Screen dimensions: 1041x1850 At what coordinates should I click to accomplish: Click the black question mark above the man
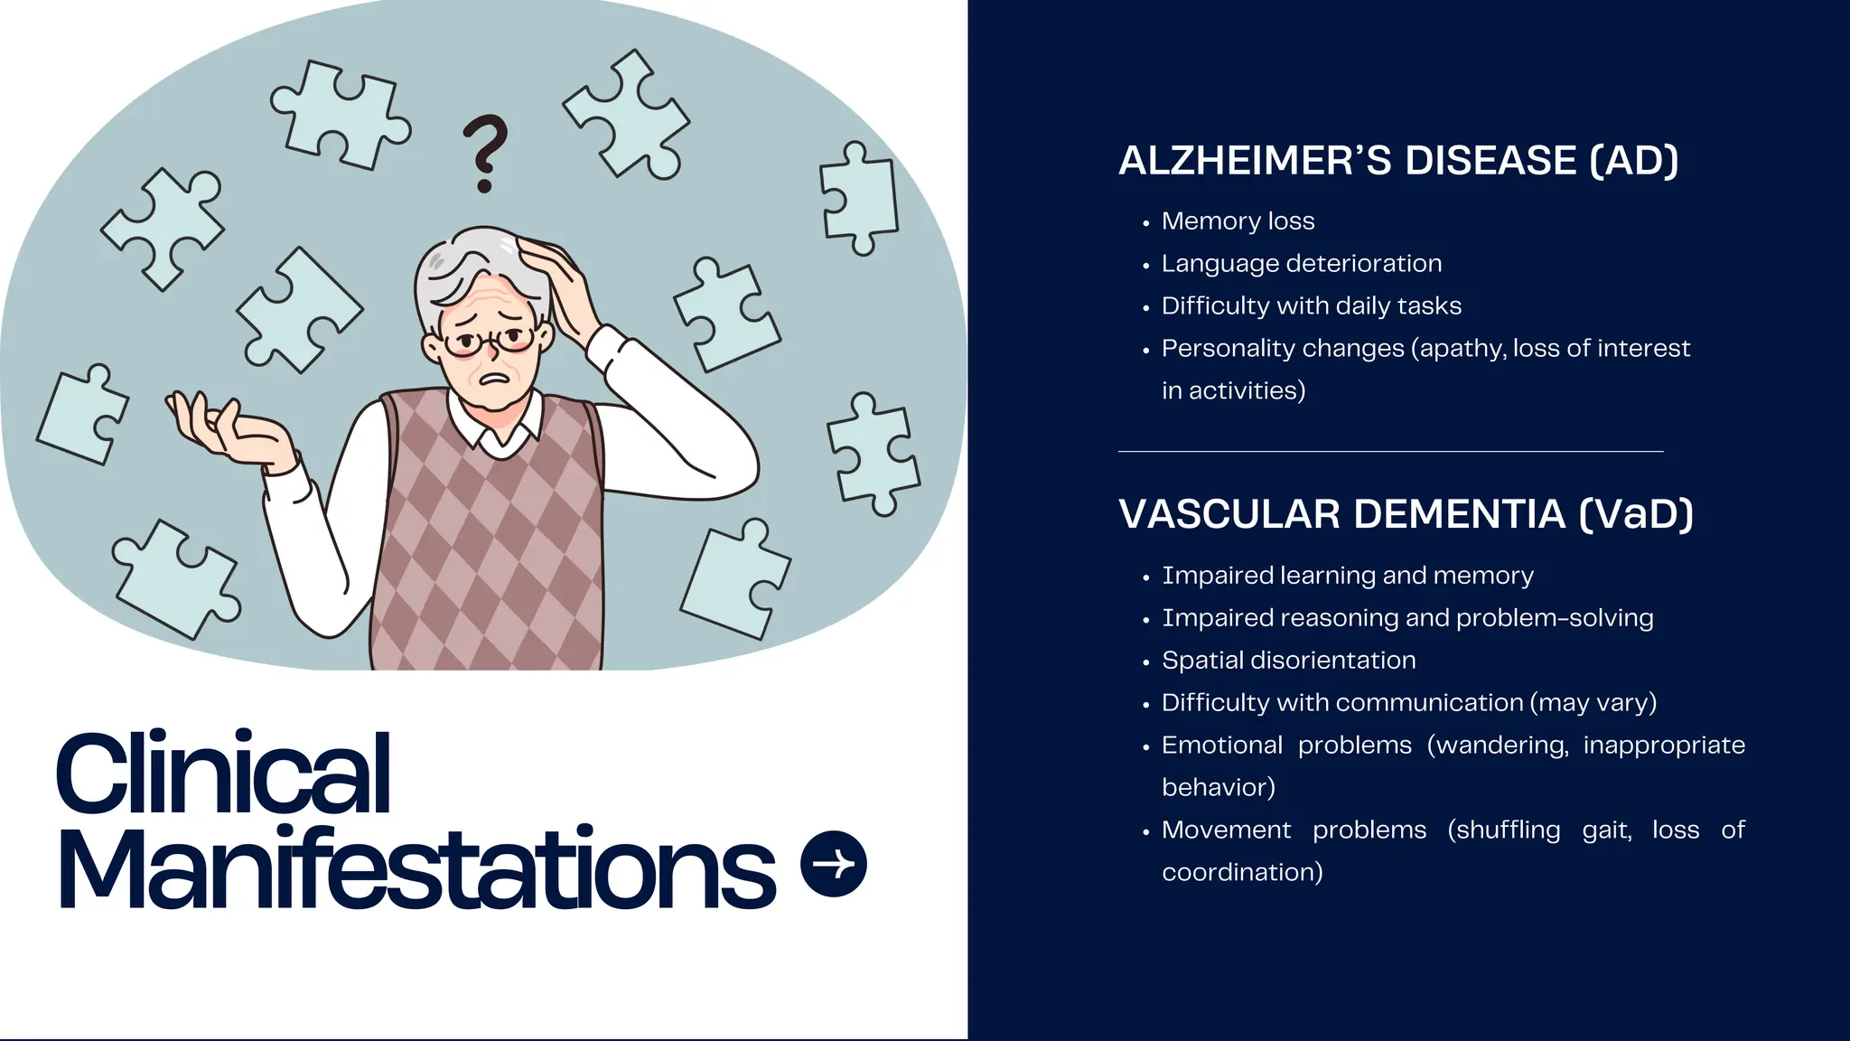485,152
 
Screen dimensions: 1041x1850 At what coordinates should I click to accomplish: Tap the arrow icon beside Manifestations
834,864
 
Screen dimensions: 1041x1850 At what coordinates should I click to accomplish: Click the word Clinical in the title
223,774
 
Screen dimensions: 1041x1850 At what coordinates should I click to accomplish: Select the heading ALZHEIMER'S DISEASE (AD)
1398,161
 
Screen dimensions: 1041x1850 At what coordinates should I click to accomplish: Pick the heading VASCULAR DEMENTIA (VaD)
1406,514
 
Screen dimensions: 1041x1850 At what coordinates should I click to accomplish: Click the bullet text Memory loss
1238,221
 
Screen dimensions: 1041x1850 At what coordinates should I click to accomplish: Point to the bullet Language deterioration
1302,264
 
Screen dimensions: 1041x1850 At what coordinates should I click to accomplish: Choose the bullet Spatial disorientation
1288,661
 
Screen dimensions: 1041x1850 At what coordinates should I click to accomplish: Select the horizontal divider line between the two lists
1390,451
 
